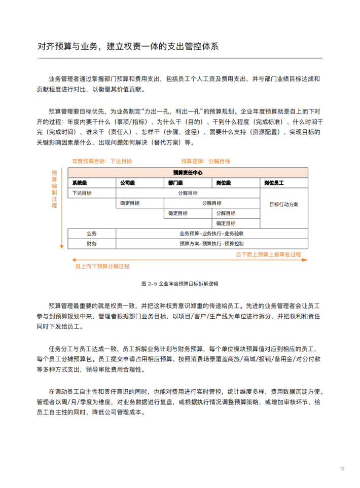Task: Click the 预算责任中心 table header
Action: (x=188, y=173)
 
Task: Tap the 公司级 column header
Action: (x=128, y=182)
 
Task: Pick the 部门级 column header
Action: (x=176, y=182)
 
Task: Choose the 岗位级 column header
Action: (x=224, y=182)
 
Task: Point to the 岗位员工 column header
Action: (x=274, y=182)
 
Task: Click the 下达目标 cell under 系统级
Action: (x=82, y=193)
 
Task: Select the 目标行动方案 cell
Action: (x=283, y=204)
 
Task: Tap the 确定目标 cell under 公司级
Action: (x=130, y=203)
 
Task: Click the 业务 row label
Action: (x=92, y=234)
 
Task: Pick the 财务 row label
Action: (x=92, y=244)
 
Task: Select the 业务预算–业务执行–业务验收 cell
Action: (x=211, y=234)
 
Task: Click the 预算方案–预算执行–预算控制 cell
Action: (x=211, y=244)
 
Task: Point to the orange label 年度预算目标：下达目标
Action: (x=101, y=161)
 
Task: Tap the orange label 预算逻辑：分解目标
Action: (x=205, y=161)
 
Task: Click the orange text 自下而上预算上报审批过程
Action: (x=268, y=254)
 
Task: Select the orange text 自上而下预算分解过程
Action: (x=102, y=266)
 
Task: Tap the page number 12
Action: (x=342, y=468)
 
